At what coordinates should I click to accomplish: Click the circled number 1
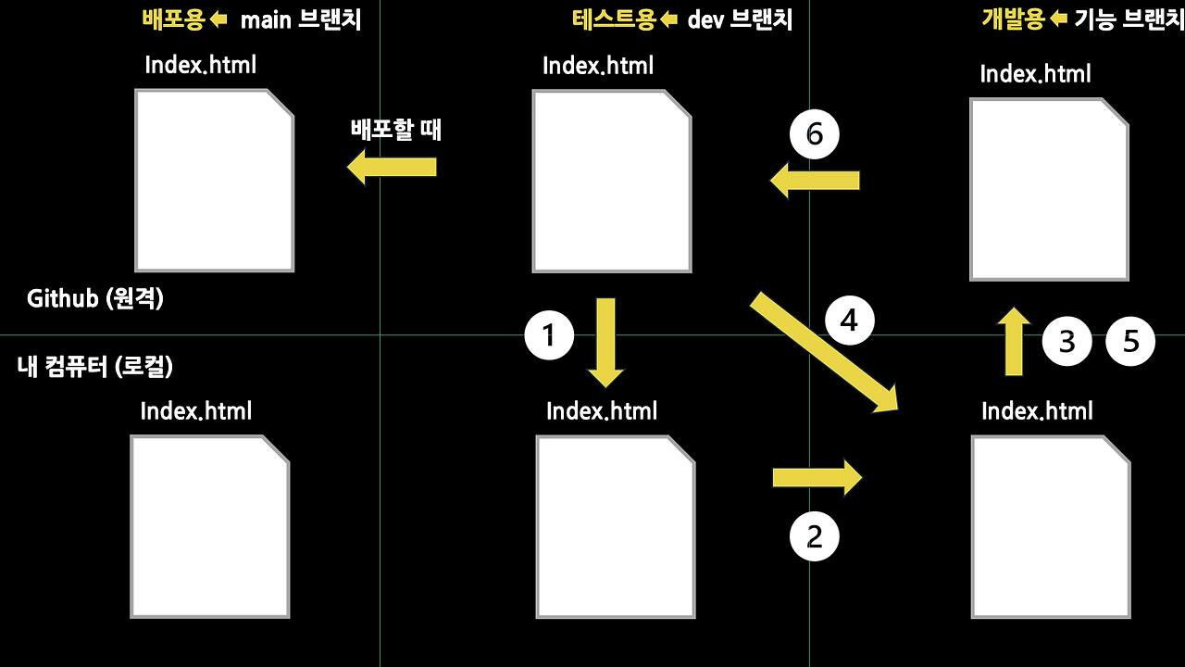549,334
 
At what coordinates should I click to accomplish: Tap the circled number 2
814,536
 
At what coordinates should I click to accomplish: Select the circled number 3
1066,342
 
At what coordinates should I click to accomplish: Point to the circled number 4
849,321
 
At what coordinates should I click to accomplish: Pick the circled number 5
1130,342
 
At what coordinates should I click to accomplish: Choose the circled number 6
814,135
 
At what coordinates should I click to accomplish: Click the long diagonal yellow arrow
824,351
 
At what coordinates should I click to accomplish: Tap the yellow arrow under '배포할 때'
392,168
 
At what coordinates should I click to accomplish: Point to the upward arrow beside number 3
1014,342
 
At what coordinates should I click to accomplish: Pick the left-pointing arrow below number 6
816,180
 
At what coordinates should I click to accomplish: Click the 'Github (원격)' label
95,298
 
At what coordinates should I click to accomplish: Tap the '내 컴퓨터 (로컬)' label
95,366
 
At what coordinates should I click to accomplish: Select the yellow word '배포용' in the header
173,20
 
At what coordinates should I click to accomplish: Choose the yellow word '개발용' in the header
1013,20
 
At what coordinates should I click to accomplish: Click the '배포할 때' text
396,130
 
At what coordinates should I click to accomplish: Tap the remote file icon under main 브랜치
214,181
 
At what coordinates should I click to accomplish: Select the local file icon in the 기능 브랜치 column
1050,526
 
